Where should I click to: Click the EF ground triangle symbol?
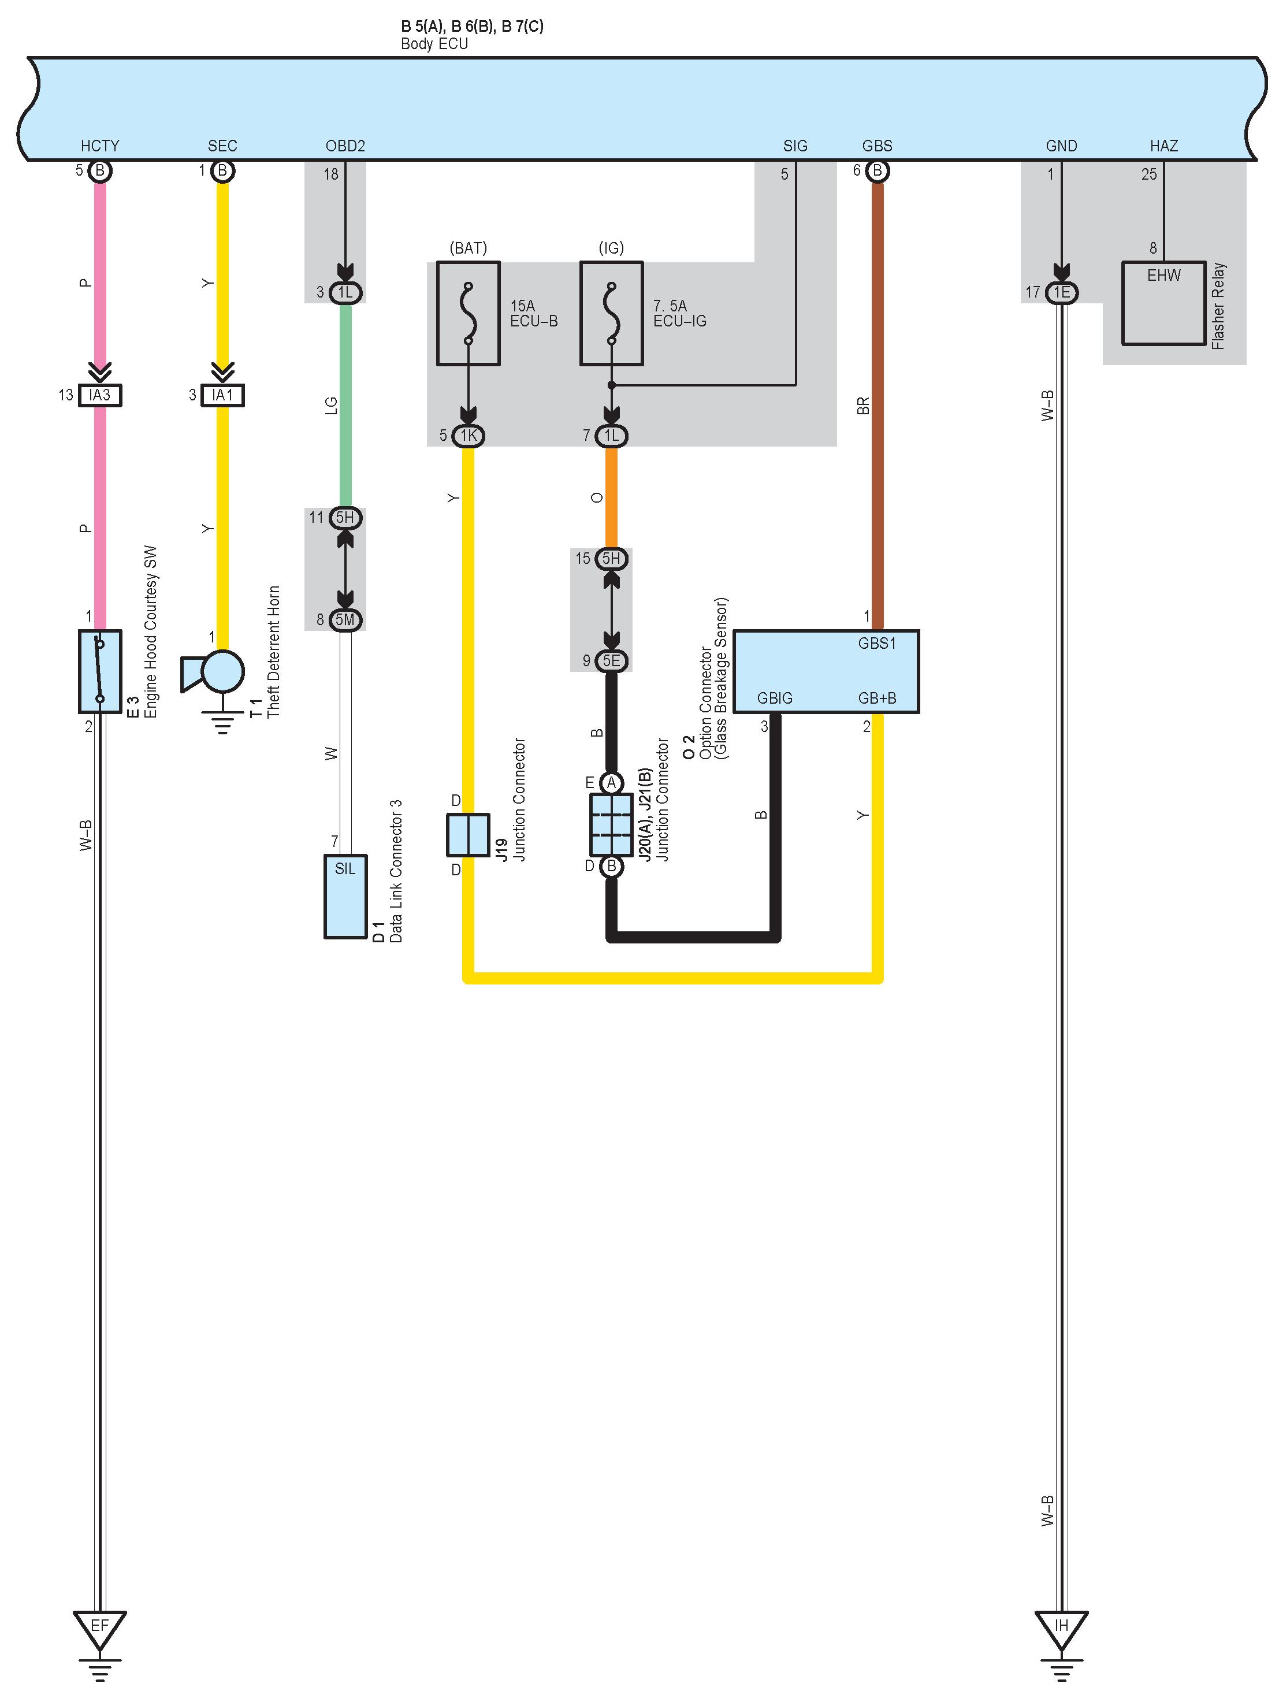(x=99, y=1626)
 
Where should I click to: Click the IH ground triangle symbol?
(x=1061, y=1626)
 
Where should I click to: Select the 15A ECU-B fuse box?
(x=468, y=313)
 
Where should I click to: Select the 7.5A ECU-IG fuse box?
(x=611, y=313)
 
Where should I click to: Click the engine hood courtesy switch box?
(x=100, y=671)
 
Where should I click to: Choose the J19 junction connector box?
(x=468, y=834)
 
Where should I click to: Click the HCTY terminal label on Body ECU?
(x=100, y=146)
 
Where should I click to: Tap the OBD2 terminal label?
(x=345, y=146)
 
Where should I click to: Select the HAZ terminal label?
(x=1163, y=146)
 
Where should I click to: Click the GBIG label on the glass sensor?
(x=774, y=698)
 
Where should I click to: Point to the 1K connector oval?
(x=468, y=436)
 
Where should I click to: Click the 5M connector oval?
(x=345, y=619)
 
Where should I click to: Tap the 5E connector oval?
(x=611, y=660)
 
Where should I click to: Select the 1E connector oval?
(x=1061, y=292)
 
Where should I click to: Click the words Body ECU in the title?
(x=434, y=44)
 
